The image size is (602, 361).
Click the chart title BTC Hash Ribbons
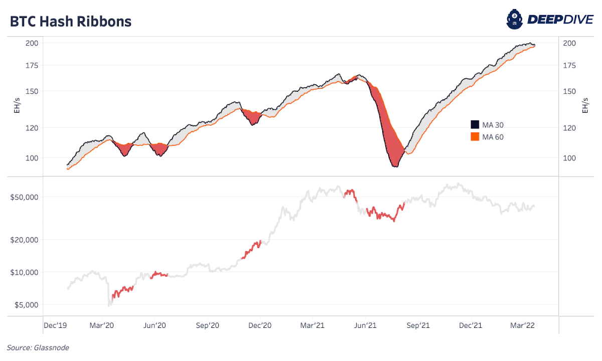click(x=70, y=22)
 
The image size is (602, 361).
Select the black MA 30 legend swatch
click(x=475, y=125)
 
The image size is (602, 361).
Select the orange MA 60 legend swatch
click(x=475, y=137)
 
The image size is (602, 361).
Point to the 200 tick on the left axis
click(x=32, y=43)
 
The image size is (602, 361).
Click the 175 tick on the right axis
click(x=569, y=66)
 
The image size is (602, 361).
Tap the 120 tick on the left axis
click(x=32, y=128)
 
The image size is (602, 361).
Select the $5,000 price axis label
click(x=27, y=304)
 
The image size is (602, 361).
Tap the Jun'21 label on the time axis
click(x=366, y=325)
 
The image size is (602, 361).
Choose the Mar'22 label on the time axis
click(x=522, y=325)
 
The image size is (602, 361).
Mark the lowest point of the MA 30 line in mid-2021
click(x=395, y=166)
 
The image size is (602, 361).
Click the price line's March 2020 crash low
click(x=109, y=304)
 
